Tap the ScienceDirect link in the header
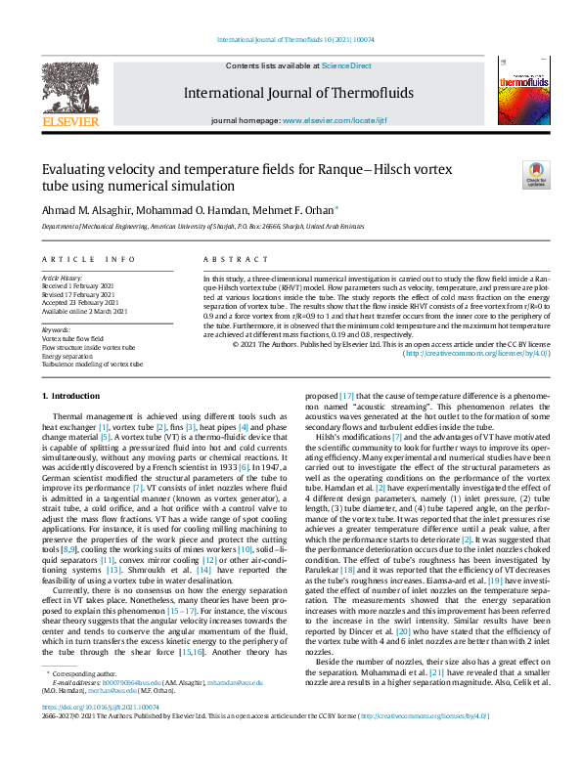[x=348, y=65]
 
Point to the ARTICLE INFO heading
[x=87, y=259]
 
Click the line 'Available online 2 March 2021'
[x=84, y=312]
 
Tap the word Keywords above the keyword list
[x=56, y=329]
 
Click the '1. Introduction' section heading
[x=74, y=395]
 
